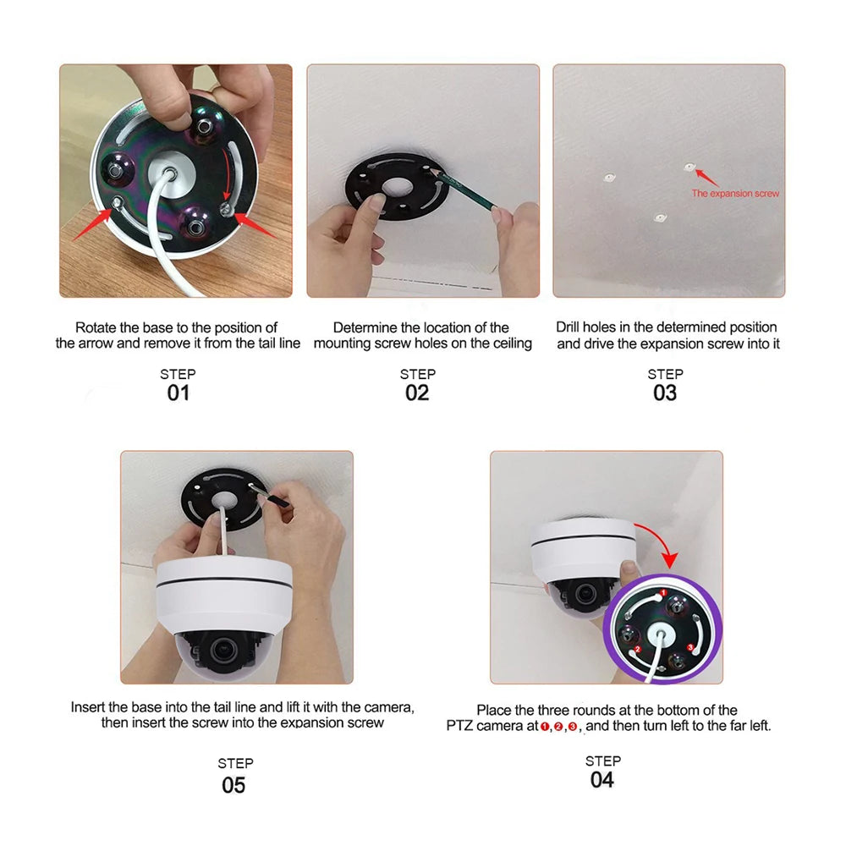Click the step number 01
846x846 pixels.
point(178,393)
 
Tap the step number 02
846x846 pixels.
point(417,393)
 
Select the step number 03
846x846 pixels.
point(665,393)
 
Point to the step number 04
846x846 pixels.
point(602,779)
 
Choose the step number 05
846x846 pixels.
point(233,785)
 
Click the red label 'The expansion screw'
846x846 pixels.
point(735,194)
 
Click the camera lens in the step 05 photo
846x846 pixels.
point(225,650)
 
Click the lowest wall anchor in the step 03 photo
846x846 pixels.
point(659,217)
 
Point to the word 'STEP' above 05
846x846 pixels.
point(235,763)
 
